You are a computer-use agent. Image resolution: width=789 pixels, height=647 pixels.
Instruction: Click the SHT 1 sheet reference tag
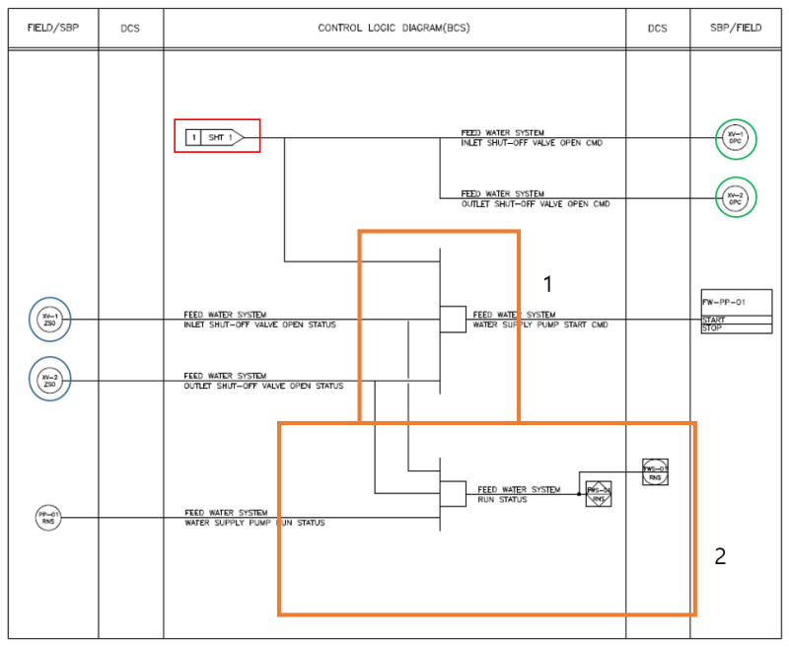point(216,137)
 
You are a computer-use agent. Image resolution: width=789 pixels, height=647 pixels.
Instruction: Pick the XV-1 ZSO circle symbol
point(49,319)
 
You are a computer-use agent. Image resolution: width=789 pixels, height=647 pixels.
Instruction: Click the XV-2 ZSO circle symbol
point(49,379)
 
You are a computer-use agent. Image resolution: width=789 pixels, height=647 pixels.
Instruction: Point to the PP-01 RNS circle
point(48,516)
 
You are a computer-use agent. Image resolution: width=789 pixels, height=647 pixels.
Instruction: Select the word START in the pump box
point(714,320)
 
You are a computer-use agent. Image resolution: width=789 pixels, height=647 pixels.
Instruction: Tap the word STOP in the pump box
point(712,327)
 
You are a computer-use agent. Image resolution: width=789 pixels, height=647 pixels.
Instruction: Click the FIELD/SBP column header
point(52,28)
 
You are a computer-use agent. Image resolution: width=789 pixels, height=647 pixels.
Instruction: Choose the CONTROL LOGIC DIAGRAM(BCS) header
point(394,28)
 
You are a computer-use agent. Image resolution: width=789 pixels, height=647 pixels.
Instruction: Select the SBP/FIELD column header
point(737,28)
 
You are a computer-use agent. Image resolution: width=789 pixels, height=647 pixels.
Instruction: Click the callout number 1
point(548,284)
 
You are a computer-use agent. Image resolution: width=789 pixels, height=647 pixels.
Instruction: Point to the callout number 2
point(720,556)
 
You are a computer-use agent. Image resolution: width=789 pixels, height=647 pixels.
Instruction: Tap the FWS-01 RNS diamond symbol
point(599,494)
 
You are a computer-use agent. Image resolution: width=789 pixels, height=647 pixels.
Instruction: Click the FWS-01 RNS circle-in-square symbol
point(656,472)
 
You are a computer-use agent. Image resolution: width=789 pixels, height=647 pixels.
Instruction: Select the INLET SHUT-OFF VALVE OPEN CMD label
point(532,143)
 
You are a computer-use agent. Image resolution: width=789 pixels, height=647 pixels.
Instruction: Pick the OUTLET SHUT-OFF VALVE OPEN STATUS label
point(263,386)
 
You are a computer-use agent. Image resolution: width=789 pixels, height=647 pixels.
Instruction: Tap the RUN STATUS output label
point(503,500)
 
